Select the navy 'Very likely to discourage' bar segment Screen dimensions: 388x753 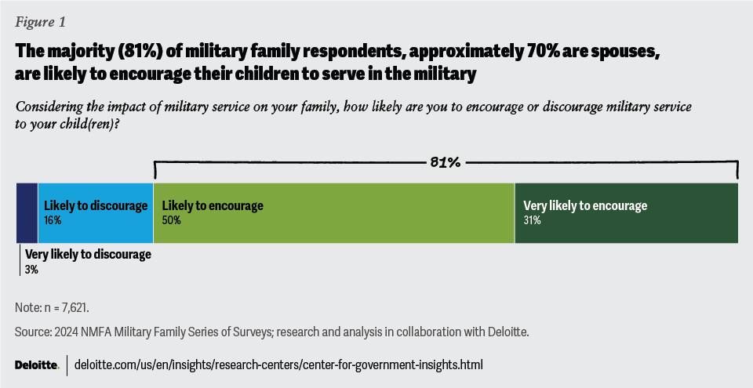coord(27,213)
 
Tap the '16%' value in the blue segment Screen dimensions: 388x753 coord(53,221)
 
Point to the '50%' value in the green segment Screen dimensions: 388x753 coord(171,221)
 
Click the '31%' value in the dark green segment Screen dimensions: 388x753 coord(532,221)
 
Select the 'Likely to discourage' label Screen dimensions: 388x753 coord(96,206)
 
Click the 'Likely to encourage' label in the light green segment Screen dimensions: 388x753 coord(213,206)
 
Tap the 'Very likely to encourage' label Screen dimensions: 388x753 coord(585,206)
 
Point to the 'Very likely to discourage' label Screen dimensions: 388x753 coord(88,255)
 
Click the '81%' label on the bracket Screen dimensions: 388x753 coord(445,162)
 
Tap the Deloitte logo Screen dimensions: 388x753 coord(36,365)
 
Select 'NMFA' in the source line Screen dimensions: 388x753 coord(106,333)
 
